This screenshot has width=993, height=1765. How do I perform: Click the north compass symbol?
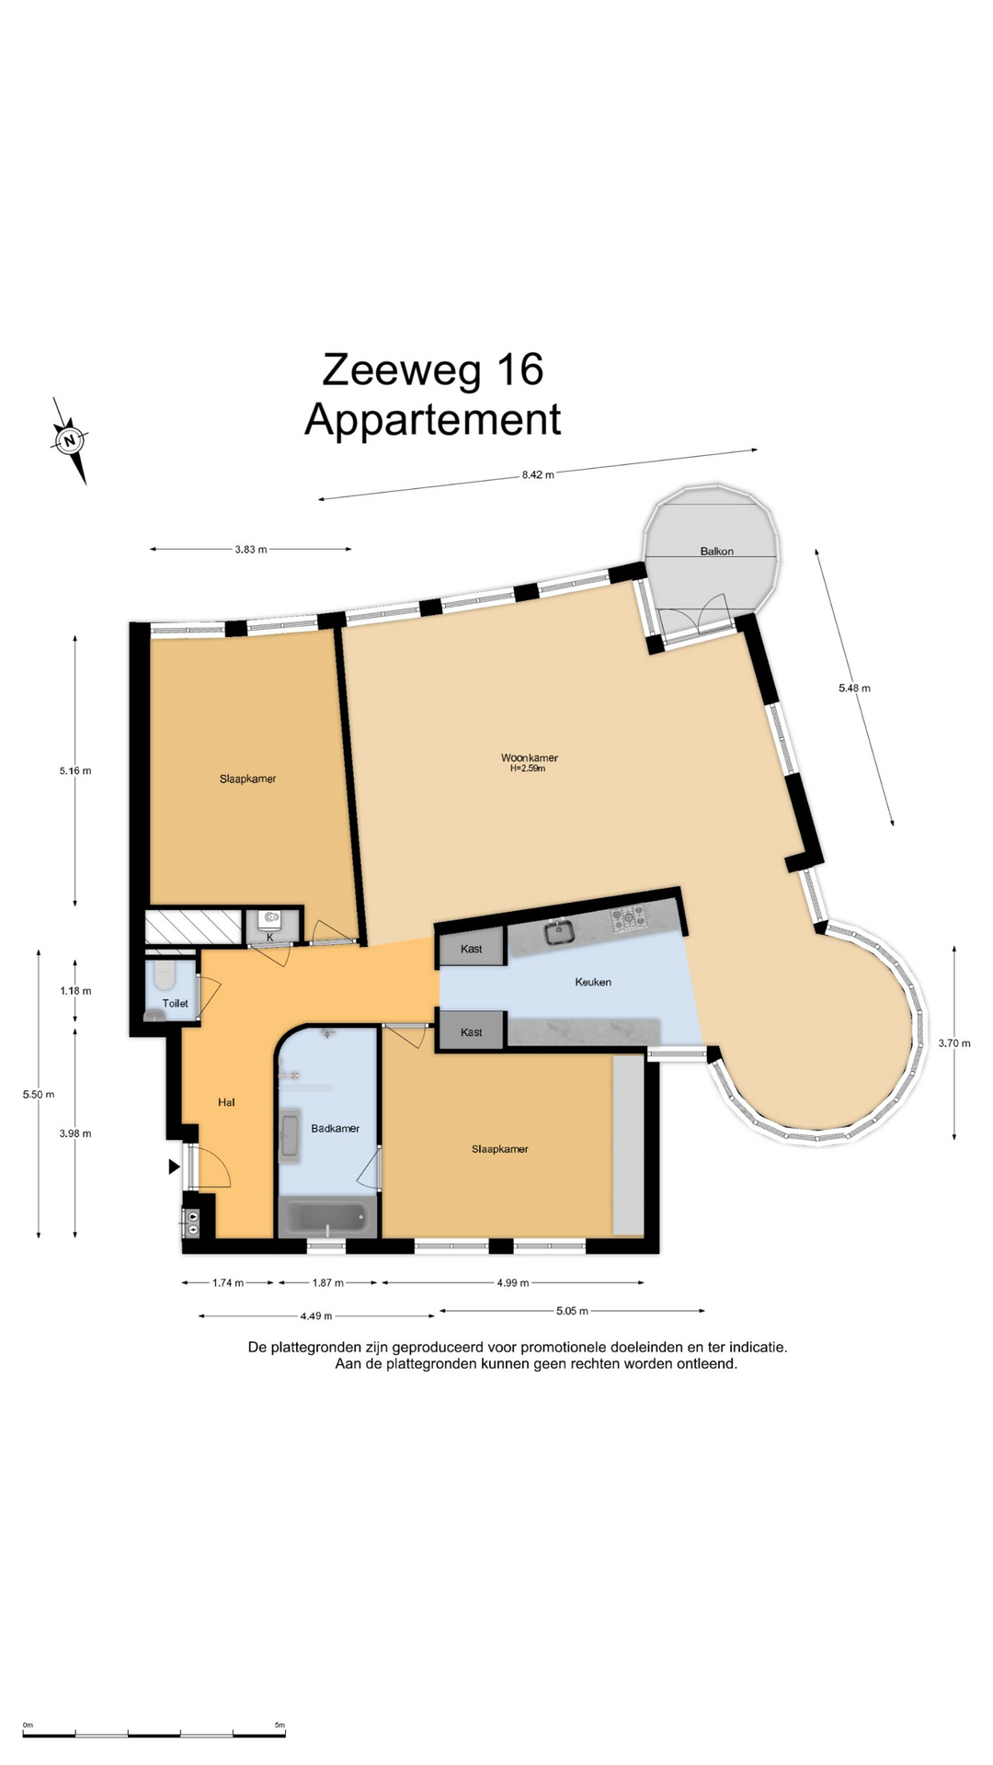[69, 441]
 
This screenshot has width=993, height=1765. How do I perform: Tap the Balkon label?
[717, 552]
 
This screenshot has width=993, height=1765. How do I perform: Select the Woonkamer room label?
[529, 758]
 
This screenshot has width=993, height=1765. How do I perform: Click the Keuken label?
[593, 982]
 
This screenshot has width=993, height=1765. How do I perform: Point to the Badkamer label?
[335, 1128]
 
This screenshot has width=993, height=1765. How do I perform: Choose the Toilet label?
[175, 1003]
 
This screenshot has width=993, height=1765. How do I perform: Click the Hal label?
[226, 1101]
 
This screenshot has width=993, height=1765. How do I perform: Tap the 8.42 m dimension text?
[538, 475]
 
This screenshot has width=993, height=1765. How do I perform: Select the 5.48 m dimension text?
[854, 688]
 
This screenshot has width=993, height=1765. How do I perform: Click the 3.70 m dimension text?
[954, 1043]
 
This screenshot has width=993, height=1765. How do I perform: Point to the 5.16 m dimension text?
[75, 770]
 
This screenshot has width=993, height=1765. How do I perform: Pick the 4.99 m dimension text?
[512, 1282]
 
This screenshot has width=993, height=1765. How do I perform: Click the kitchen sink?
[558, 933]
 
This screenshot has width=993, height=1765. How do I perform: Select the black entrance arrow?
[174, 1167]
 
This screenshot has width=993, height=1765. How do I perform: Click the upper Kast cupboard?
[472, 948]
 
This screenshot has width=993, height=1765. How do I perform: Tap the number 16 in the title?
[519, 370]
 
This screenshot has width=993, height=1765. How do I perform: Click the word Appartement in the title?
[432, 420]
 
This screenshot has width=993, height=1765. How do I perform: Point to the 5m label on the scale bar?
[280, 1725]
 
